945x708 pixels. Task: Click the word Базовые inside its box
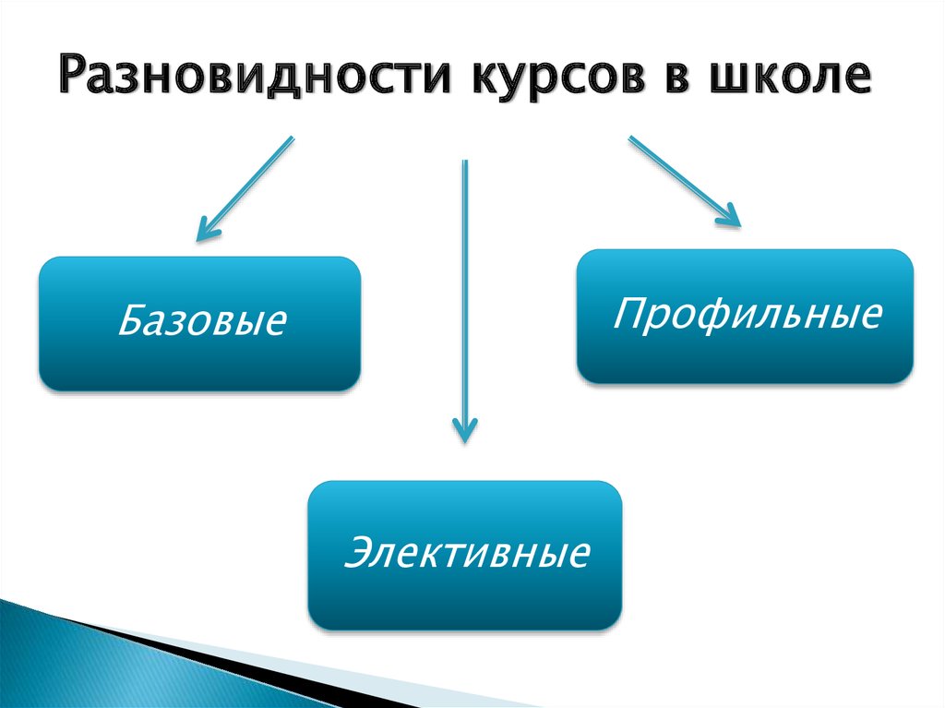(202, 322)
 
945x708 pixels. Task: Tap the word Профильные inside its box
(748, 314)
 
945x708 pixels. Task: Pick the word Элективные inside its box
(466, 553)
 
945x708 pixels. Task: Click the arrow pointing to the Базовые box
(245, 188)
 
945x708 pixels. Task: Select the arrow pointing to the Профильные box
(684, 179)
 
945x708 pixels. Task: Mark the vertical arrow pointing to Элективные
(464, 295)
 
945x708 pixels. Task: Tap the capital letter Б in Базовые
(129, 321)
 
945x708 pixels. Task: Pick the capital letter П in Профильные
(628, 313)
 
